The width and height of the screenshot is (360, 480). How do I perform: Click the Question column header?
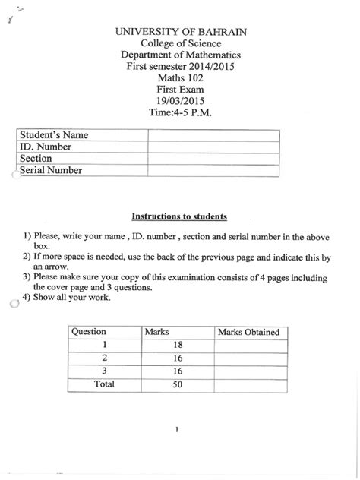click(x=89, y=332)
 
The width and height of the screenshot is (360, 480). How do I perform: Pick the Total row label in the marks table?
click(x=103, y=384)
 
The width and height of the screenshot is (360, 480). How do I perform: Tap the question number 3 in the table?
click(x=104, y=371)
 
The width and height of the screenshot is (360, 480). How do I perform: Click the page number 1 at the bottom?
click(x=175, y=431)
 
